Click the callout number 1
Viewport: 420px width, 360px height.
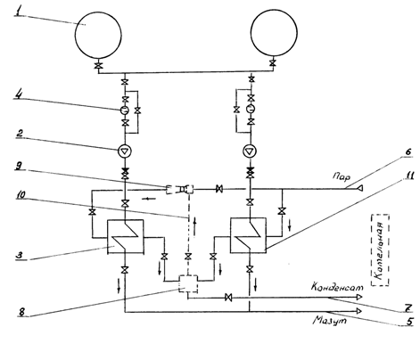19,12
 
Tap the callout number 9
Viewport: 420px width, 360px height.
19,166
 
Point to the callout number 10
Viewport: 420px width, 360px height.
21,195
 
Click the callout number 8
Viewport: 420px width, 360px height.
21,312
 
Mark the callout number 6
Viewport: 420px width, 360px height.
408,151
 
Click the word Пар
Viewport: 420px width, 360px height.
341,177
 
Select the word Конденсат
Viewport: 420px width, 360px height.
337,288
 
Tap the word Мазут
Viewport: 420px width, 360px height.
330,321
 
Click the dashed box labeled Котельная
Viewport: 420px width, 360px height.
380,250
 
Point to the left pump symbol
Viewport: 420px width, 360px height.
125,151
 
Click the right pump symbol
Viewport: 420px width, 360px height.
250,151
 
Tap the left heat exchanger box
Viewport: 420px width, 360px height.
125,220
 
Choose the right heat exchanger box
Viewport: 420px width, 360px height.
248,218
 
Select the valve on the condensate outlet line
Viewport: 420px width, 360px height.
228,297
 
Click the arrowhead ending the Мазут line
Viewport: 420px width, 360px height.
358,311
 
